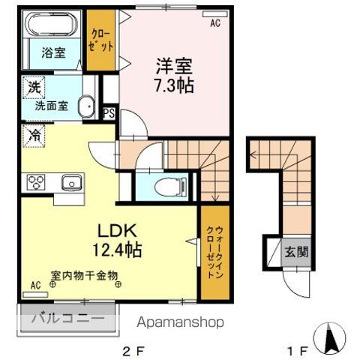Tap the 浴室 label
coord(52,54)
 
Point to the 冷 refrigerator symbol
coord(34,136)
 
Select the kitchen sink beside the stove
coord(73,181)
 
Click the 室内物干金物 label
coord(85,276)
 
